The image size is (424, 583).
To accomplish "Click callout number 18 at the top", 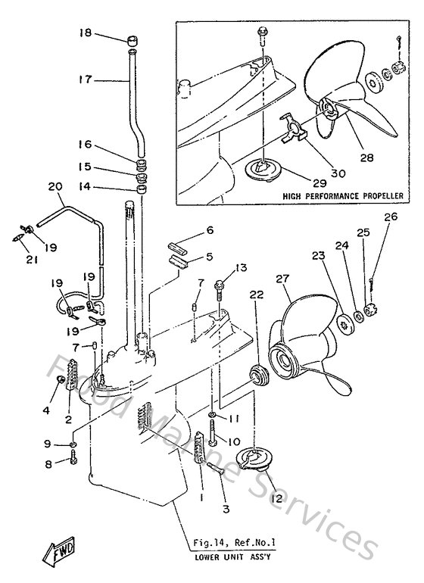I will point(84,33).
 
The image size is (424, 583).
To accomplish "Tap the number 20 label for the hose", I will point(54,186).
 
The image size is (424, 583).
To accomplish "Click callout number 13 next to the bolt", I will point(241,267).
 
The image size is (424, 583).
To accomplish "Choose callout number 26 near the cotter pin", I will point(390,217).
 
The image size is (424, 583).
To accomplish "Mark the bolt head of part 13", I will point(220,287).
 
